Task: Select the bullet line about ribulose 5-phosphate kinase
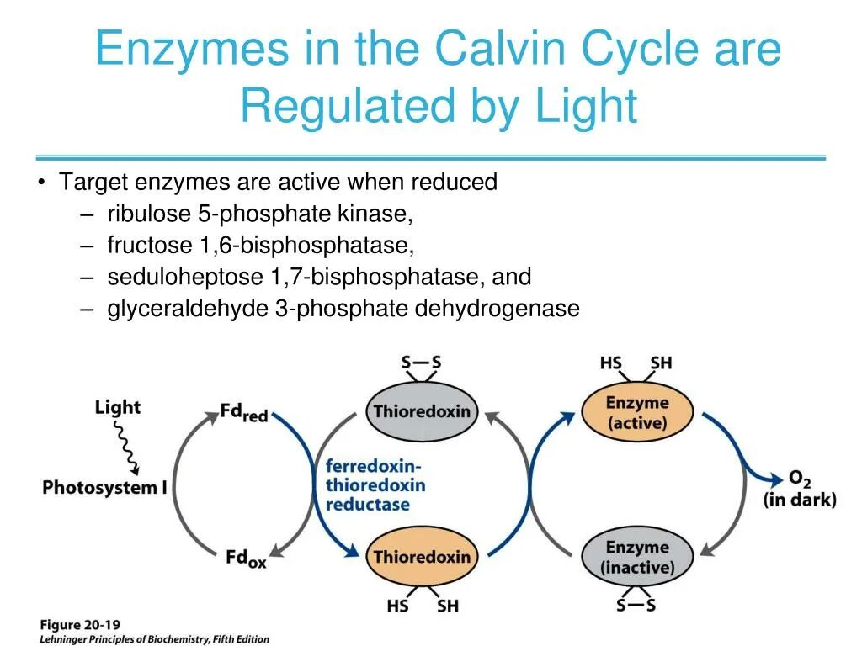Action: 260,214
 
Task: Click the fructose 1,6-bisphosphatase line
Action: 261,245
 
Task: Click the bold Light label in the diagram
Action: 118,408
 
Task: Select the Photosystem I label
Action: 105,487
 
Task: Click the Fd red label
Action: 243,413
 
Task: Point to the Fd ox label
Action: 246,558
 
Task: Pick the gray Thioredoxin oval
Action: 422,412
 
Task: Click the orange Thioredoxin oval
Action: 422,557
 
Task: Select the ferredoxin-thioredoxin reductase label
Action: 375,486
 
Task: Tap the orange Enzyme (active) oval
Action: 637,413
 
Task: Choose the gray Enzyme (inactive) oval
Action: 637,558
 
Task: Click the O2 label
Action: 799,479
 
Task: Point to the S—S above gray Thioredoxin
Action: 421,363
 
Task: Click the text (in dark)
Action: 800,500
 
